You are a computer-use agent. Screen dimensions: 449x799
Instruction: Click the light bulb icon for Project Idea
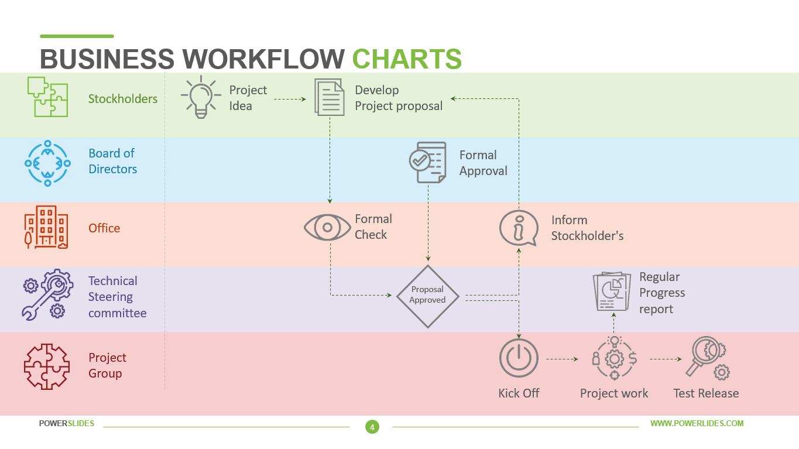tap(201, 97)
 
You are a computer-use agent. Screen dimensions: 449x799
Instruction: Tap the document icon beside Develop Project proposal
tap(329, 97)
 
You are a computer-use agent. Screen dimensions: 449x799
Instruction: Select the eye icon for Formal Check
tap(327, 227)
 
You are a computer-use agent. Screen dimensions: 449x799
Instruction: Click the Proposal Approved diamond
tap(428, 296)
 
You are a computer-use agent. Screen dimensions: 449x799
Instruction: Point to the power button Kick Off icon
tap(519, 358)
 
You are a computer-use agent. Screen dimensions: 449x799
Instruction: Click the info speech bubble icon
tap(518, 228)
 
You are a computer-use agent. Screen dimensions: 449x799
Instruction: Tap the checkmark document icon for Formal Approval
tap(427, 162)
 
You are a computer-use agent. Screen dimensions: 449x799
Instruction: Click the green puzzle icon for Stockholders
tap(47, 97)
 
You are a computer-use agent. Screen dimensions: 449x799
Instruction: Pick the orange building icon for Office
tap(46, 227)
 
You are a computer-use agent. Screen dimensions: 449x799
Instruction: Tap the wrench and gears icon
tap(47, 294)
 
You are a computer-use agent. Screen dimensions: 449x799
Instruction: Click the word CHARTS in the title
tap(407, 59)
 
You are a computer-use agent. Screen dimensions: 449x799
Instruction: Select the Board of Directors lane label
tap(112, 161)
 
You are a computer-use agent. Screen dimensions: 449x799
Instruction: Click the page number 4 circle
tap(372, 427)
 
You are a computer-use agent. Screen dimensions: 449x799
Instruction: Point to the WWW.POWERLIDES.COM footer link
tap(697, 423)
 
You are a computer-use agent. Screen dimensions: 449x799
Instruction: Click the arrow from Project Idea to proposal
tap(290, 99)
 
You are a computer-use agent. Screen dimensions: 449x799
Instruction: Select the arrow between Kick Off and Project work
tap(562, 359)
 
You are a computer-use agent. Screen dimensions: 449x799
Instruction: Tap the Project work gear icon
tap(614, 358)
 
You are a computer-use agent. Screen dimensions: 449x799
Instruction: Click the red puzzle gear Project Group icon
tap(47, 366)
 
